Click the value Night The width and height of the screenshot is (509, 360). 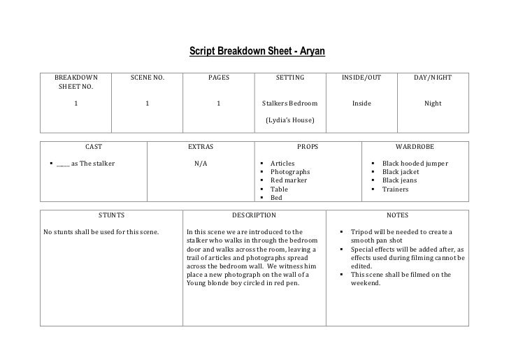433,103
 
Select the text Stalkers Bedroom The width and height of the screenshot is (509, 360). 289,103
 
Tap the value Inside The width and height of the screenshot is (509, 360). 361,103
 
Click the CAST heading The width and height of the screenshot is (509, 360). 94,147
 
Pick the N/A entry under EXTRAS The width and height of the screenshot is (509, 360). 201,164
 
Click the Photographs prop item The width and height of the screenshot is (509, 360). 290,172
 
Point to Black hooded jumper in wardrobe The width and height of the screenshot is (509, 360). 415,164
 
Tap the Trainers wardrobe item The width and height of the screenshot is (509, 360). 396,189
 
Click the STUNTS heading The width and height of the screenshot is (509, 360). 111,215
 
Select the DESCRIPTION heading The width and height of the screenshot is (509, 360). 254,215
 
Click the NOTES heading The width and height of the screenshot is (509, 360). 398,215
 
